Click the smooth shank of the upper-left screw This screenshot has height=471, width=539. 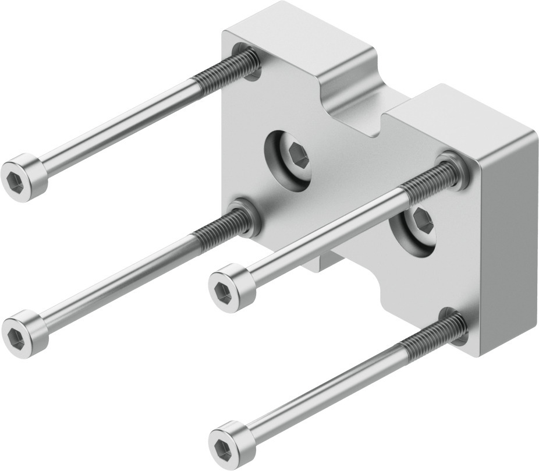click(x=116, y=125)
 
